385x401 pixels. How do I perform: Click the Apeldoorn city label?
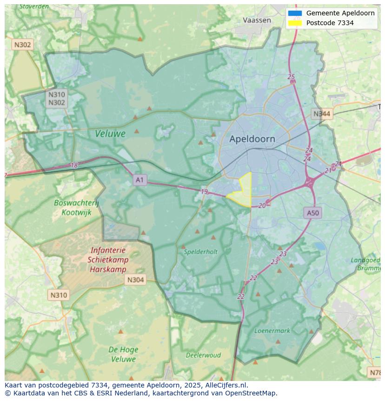[x=252, y=139]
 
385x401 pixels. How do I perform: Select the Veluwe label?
[x=110, y=134]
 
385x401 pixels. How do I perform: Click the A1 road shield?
[x=139, y=180]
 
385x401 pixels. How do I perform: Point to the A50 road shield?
[x=313, y=213]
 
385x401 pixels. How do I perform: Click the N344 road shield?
[x=322, y=114]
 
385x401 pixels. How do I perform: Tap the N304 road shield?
[x=135, y=279]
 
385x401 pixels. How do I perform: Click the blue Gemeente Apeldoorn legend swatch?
[x=295, y=13]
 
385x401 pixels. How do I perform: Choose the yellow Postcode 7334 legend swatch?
[x=295, y=23]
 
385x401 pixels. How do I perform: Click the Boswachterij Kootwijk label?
[x=76, y=208]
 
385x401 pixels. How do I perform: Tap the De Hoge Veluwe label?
[x=123, y=354]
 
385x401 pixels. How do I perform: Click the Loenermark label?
[x=272, y=331]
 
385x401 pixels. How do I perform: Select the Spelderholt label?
[x=200, y=252]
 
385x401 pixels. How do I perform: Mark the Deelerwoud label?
[x=203, y=355]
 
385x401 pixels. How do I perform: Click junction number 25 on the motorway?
[x=291, y=77]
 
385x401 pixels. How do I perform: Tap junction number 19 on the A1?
[x=204, y=192]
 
